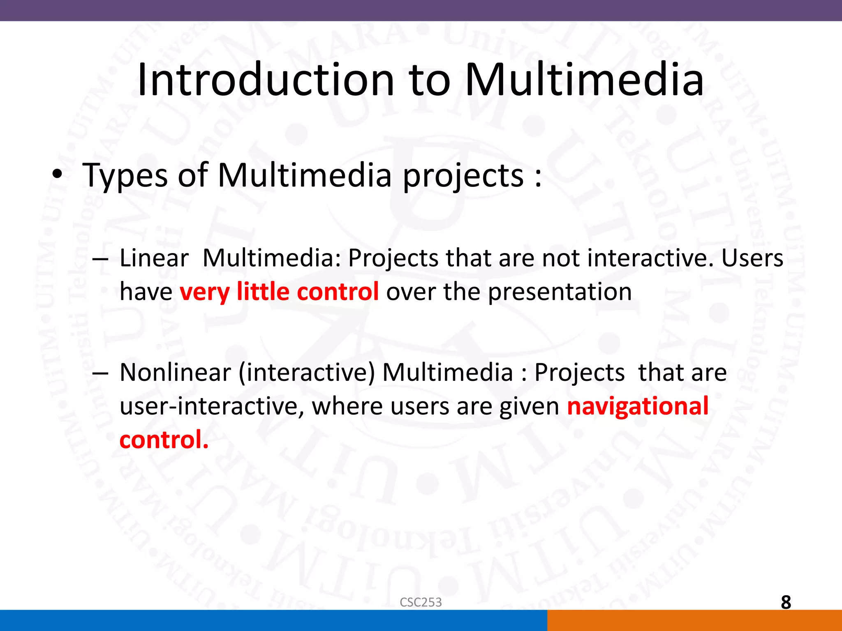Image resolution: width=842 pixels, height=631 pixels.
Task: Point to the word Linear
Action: [154, 258]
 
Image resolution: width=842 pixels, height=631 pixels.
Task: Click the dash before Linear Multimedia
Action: [100, 260]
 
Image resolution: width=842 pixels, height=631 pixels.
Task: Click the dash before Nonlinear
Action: [100, 373]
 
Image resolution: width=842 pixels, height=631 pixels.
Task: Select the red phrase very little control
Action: [279, 292]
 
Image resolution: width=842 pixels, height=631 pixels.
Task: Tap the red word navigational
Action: [638, 406]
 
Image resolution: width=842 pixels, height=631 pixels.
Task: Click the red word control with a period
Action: [164, 440]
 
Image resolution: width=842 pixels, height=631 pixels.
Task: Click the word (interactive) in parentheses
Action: [307, 373]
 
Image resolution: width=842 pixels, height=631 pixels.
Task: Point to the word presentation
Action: [560, 292]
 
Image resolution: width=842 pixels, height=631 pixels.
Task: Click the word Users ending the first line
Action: [752, 258]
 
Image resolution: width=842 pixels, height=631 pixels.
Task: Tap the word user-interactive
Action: [212, 406]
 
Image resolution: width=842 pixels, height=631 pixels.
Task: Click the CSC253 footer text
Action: [421, 602]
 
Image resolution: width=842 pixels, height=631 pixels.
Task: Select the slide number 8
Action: [786, 603]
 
